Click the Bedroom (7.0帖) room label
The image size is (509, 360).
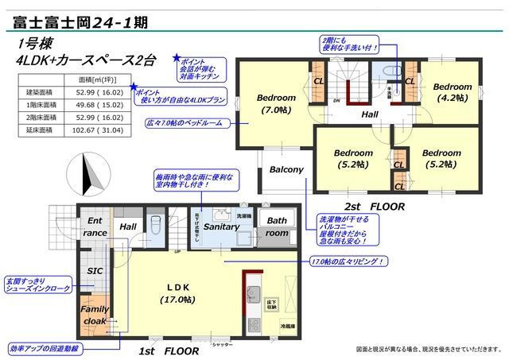[x=275, y=104]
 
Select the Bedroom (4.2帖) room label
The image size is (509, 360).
[x=453, y=91]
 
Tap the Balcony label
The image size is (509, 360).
[x=286, y=170]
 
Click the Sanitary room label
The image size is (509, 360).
[x=222, y=227]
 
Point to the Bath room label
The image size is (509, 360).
[x=277, y=227]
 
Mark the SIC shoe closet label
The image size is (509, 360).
[x=95, y=270]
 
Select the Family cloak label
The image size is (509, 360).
[x=95, y=315]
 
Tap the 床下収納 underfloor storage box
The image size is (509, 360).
[x=271, y=303]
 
